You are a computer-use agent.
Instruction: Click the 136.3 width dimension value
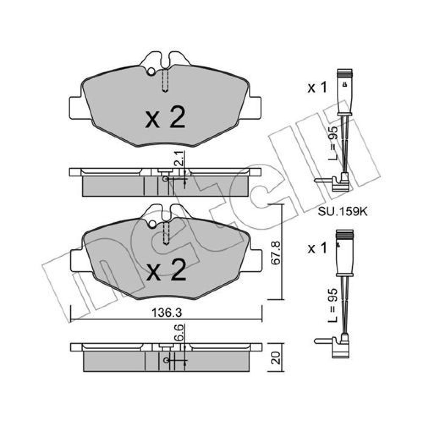[167, 313]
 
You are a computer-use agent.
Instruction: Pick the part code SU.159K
[343, 212]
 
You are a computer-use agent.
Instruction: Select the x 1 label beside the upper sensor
[317, 88]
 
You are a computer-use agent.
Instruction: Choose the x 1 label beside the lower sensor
[317, 248]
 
